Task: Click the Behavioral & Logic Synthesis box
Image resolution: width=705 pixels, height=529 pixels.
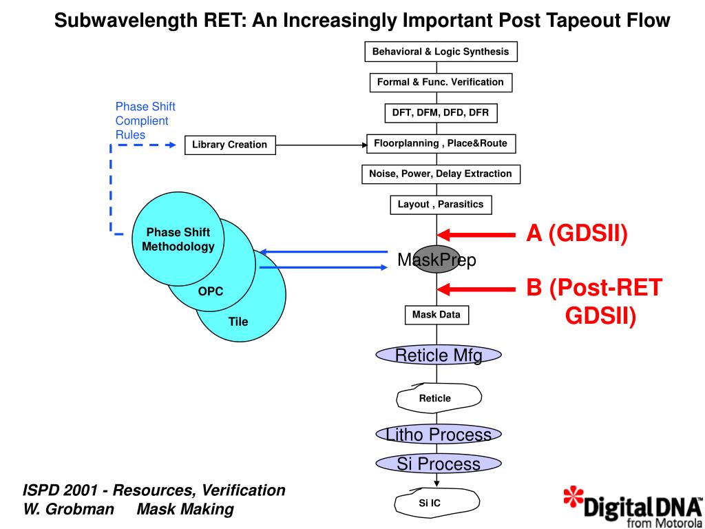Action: click(441, 52)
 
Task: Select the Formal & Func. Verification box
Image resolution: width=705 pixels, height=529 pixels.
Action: click(441, 82)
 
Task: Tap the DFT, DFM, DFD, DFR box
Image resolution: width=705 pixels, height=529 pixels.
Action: click(440, 112)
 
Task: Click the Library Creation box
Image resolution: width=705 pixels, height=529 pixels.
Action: click(229, 145)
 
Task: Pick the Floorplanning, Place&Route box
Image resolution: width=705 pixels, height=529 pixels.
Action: click(441, 143)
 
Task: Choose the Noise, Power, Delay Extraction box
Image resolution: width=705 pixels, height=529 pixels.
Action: click(441, 174)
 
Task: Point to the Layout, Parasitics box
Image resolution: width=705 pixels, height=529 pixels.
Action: click(441, 204)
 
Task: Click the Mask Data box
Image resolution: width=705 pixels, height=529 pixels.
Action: click(436, 315)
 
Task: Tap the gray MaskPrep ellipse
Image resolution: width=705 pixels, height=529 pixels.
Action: click(436, 259)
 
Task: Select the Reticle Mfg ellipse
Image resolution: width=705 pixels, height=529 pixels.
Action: click(439, 355)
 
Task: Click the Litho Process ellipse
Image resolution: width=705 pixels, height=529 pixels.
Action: click(439, 435)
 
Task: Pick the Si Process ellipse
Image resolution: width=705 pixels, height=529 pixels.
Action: click(439, 464)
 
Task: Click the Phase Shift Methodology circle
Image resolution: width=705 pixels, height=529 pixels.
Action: click(178, 240)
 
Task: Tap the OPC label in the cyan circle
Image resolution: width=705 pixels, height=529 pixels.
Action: click(211, 291)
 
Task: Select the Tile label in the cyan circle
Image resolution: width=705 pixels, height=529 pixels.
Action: click(238, 322)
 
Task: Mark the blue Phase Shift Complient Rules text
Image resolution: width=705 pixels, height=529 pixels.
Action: click(145, 121)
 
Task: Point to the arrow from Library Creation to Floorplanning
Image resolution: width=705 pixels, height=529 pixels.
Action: click(321, 145)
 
